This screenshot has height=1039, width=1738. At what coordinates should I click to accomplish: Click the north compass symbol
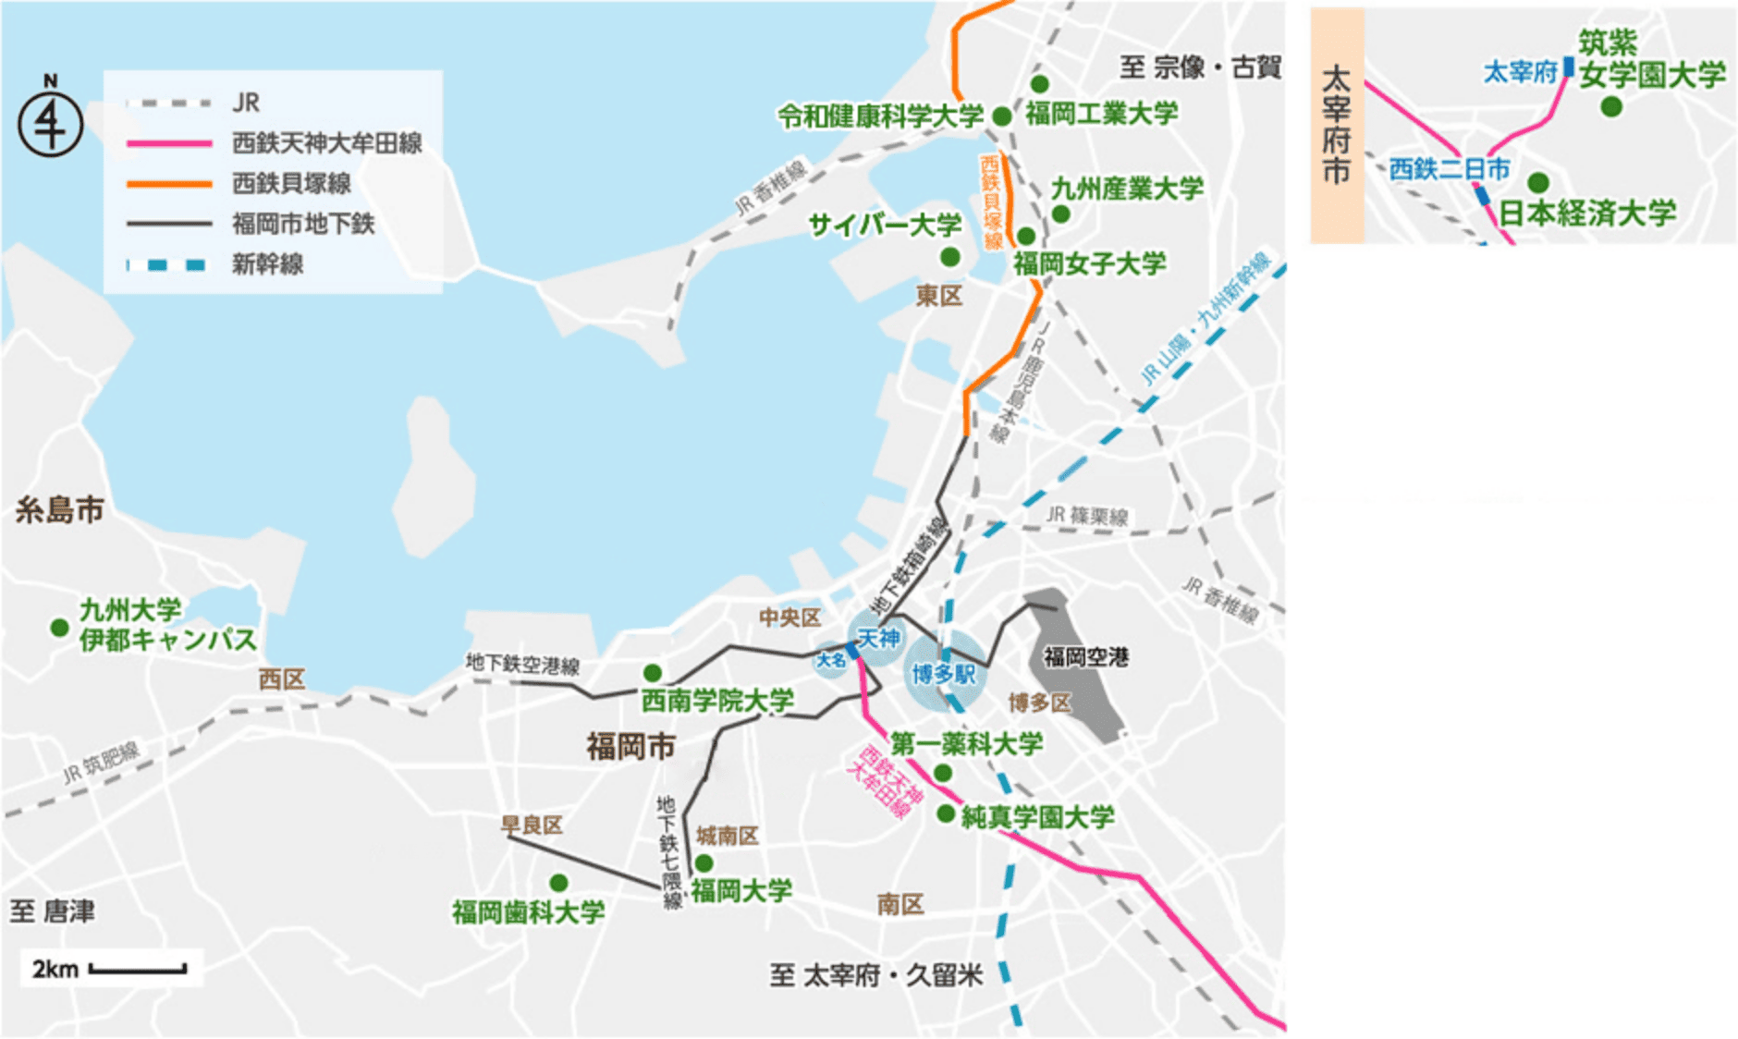click(x=50, y=124)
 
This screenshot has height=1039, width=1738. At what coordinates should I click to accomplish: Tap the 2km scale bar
click(x=138, y=969)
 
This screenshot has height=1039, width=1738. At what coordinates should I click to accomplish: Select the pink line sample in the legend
click(x=169, y=143)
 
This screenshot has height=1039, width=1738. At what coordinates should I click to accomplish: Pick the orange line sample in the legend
click(x=169, y=184)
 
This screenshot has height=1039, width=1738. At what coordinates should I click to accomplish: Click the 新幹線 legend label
click(x=267, y=264)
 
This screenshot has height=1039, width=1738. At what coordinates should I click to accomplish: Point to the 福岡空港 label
click(x=1085, y=657)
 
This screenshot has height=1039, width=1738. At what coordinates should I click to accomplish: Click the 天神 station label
click(x=878, y=638)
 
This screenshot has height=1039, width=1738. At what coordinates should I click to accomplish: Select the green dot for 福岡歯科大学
click(x=558, y=883)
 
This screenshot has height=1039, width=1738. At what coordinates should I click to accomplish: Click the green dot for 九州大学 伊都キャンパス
click(x=60, y=628)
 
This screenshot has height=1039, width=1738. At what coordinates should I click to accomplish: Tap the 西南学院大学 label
click(x=717, y=701)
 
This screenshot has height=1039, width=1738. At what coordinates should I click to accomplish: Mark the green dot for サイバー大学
click(x=949, y=256)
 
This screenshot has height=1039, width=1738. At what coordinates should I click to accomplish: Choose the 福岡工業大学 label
click(x=1101, y=114)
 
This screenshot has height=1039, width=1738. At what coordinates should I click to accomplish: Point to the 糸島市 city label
click(x=59, y=510)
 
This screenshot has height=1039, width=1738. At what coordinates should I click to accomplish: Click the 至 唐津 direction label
click(x=53, y=911)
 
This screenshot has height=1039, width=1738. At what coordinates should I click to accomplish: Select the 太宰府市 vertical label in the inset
click(x=1336, y=125)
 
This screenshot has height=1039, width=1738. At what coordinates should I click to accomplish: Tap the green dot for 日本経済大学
click(x=1538, y=182)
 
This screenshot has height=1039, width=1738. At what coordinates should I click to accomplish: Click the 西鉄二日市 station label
click(x=1449, y=169)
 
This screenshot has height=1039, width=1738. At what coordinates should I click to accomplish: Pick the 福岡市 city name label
click(x=630, y=746)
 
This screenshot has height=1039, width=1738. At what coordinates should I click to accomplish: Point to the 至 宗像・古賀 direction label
click(x=1200, y=67)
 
